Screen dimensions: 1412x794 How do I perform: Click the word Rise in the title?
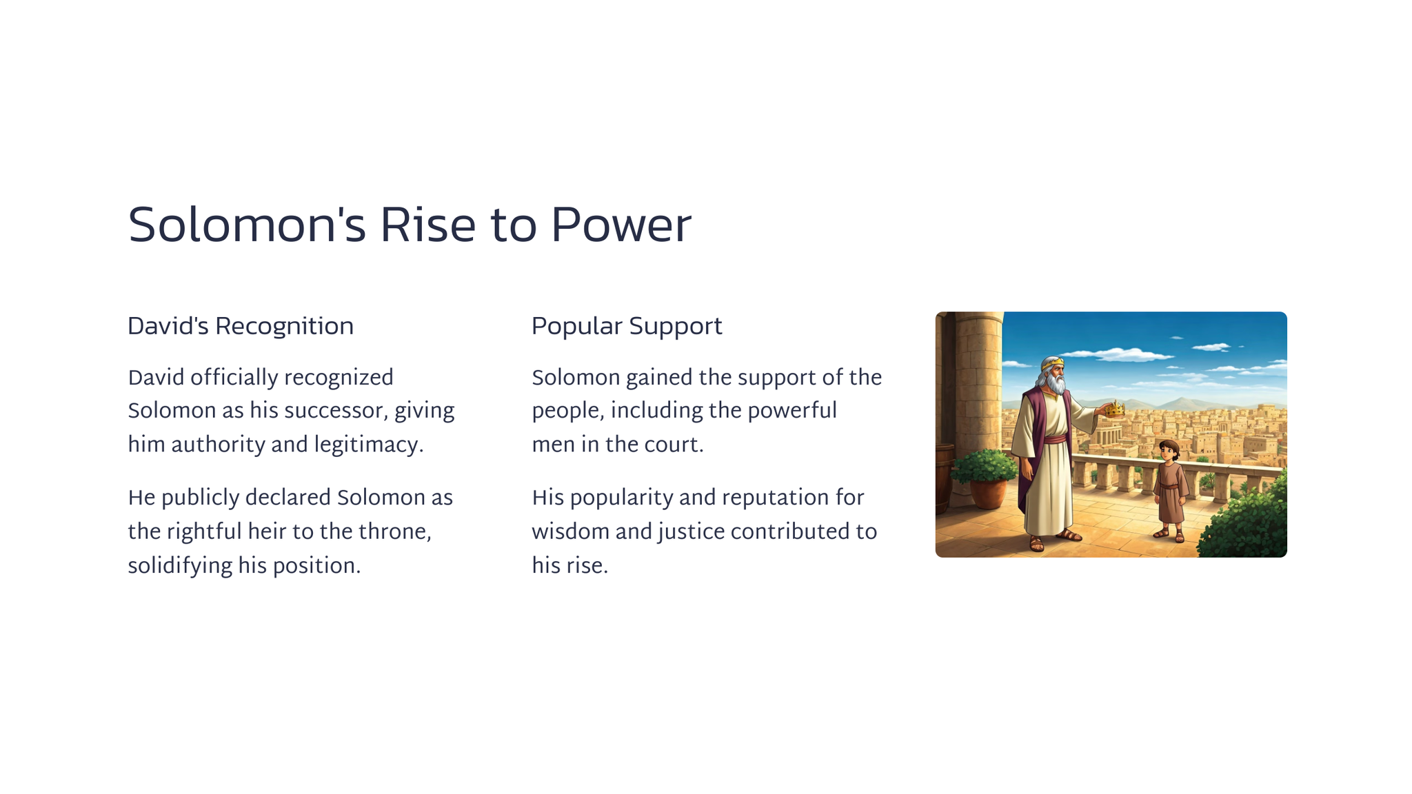click(x=427, y=225)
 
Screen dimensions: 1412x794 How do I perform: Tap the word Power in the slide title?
click(x=621, y=225)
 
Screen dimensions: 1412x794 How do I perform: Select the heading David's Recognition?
click(x=241, y=326)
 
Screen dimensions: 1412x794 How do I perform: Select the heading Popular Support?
click(x=627, y=327)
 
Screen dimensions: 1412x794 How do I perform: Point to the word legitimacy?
click(x=369, y=445)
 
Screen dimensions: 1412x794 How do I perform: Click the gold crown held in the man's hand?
click(x=1114, y=409)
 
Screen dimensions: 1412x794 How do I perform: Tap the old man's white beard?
click(x=1054, y=383)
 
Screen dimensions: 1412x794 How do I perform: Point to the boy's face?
click(x=1167, y=453)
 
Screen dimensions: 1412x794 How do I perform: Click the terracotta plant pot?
click(x=987, y=492)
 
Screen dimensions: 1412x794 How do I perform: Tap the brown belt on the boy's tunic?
click(x=1169, y=486)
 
